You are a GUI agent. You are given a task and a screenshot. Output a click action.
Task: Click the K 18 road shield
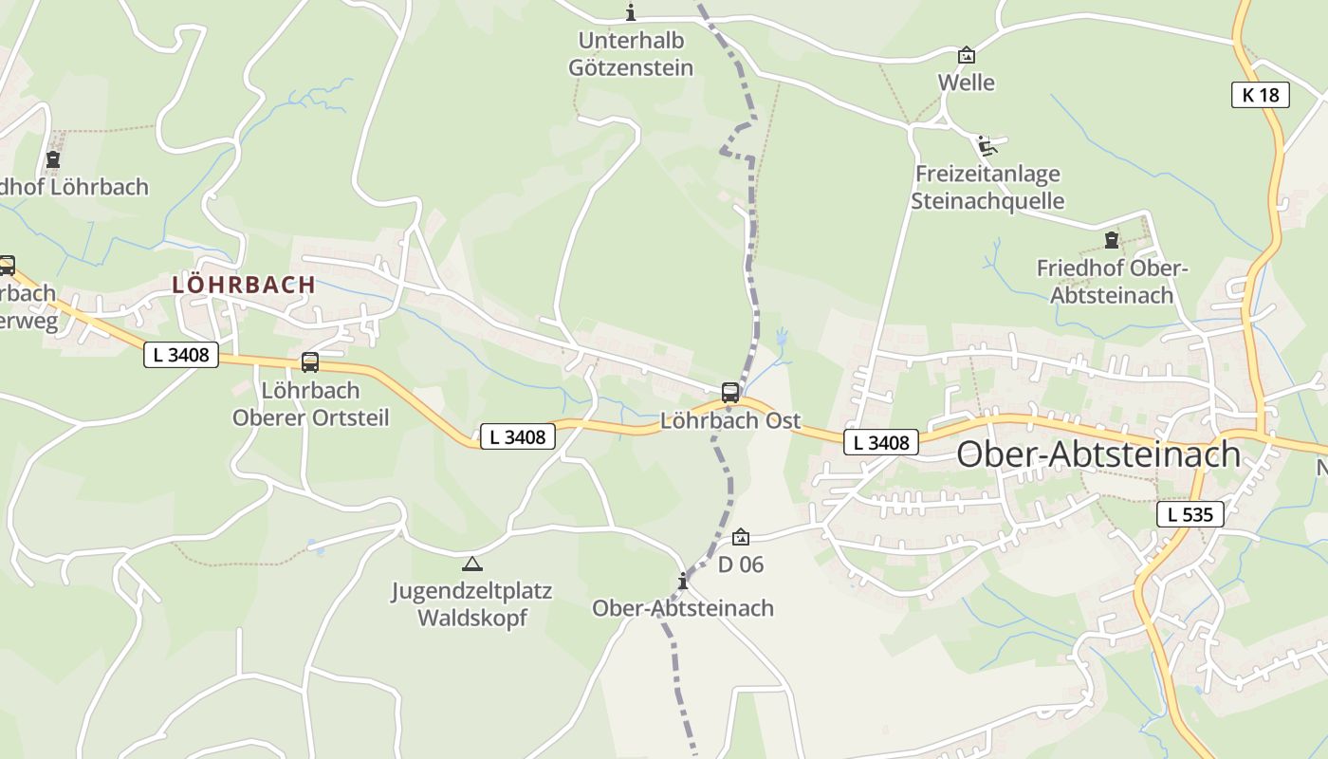click(1260, 95)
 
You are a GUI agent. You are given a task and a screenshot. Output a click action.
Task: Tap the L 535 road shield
click(1190, 515)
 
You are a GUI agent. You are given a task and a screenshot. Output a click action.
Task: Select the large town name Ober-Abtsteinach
click(1098, 454)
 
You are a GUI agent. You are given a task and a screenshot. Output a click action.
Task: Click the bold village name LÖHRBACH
click(244, 285)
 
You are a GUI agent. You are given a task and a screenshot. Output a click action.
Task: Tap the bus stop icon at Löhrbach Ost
click(730, 392)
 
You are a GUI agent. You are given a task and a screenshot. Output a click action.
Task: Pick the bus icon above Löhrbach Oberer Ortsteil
click(310, 361)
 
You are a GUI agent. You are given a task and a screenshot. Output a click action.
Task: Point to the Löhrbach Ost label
click(730, 420)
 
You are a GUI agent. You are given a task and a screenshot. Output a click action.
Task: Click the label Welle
click(967, 83)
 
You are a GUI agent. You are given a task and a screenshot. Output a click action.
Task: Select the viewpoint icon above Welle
click(967, 55)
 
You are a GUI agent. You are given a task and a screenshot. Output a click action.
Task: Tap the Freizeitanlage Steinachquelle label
click(987, 188)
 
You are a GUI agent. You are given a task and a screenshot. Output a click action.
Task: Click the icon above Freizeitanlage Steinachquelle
click(987, 145)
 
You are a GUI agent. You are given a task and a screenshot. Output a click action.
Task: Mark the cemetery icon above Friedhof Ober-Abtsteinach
click(1112, 240)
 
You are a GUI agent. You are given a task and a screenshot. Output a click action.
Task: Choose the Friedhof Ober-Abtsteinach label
click(1112, 282)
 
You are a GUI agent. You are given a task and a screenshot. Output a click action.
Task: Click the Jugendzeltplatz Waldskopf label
click(472, 604)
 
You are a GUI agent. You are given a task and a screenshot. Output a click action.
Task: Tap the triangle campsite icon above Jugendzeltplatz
click(472, 564)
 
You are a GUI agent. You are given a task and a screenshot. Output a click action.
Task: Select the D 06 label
click(741, 565)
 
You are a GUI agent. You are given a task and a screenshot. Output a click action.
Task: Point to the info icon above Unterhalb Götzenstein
click(631, 12)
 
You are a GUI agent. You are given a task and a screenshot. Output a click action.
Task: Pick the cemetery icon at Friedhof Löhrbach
click(53, 159)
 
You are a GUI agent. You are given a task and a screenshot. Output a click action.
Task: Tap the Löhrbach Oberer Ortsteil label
click(310, 404)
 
